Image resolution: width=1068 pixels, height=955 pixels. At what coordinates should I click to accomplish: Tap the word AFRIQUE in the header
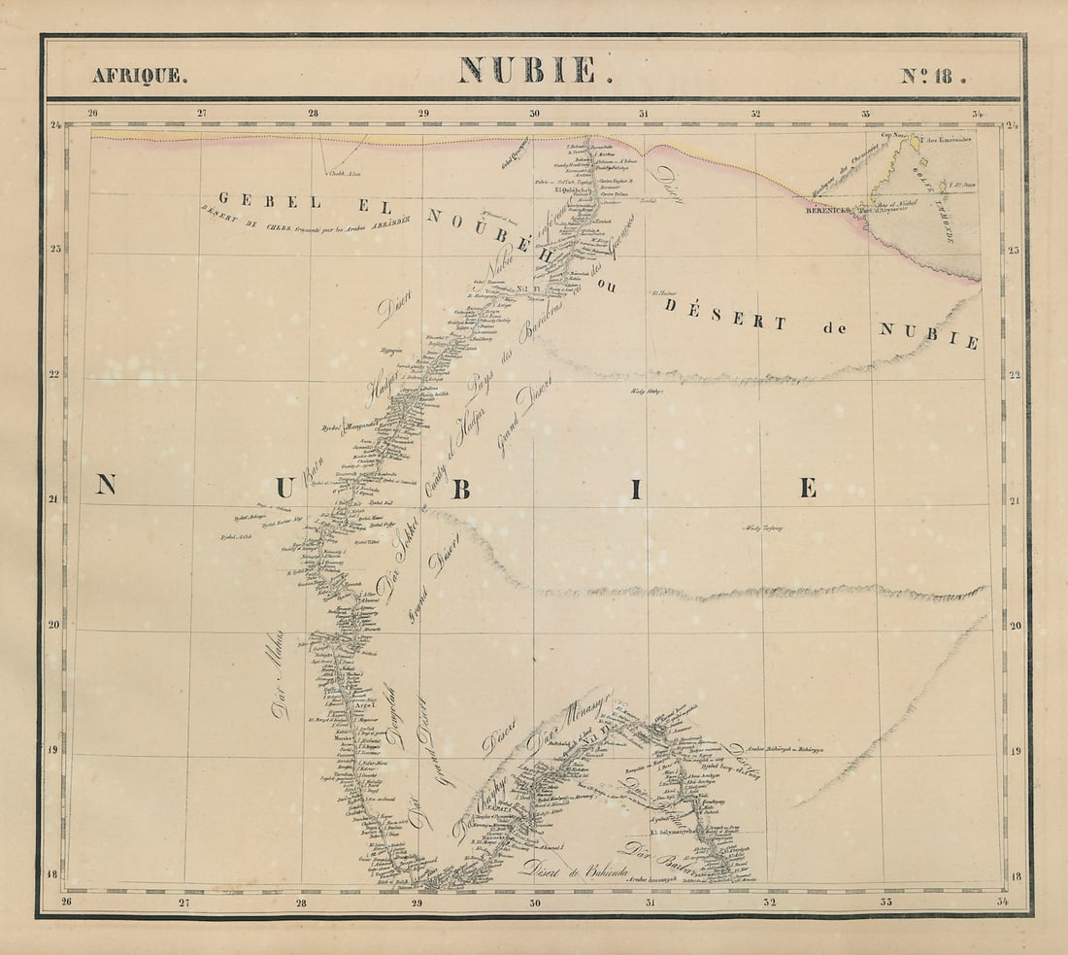(x=136, y=76)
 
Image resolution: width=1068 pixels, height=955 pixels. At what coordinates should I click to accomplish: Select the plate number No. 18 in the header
(x=932, y=75)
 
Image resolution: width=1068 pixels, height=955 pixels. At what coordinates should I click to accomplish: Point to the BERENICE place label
(x=824, y=209)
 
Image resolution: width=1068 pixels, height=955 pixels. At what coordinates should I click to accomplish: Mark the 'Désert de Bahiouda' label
(x=572, y=868)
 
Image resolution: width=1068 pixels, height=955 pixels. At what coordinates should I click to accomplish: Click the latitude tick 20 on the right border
(x=1015, y=626)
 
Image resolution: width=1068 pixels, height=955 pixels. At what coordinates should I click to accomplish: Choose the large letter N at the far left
(x=105, y=485)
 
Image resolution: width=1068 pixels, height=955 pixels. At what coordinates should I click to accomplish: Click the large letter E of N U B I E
(x=808, y=488)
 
